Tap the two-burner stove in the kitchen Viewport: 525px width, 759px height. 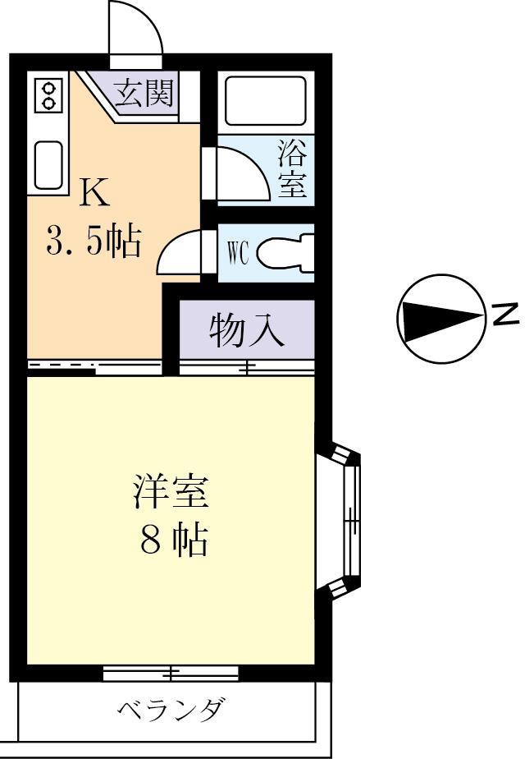tap(48, 95)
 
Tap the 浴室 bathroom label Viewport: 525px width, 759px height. tap(292, 168)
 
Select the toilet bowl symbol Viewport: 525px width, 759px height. tap(286, 254)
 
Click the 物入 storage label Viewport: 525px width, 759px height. tap(246, 330)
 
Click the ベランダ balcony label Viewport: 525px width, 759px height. tap(169, 709)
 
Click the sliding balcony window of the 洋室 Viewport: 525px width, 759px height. tap(171, 674)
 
